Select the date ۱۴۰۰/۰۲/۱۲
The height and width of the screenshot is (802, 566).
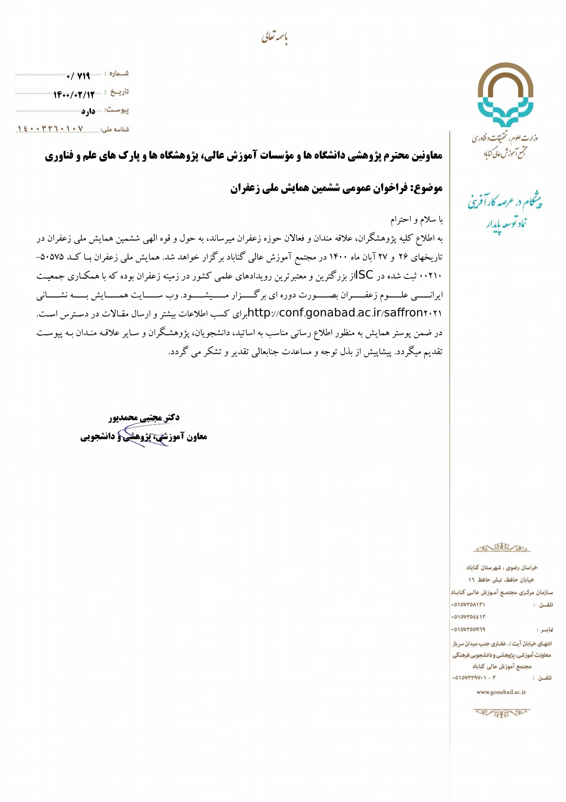point(74,95)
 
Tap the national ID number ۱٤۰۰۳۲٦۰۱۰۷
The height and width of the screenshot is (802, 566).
point(50,129)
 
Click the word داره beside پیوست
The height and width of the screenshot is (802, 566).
point(88,112)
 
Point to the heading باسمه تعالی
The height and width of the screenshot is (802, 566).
point(274,37)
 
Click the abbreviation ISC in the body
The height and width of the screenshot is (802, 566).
point(364,275)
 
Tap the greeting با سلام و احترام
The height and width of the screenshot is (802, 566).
point(416,220)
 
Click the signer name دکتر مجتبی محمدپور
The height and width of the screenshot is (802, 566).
point(144,417)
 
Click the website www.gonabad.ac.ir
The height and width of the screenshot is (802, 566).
point(501,692)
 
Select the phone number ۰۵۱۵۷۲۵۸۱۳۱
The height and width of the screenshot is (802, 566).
point(468,604)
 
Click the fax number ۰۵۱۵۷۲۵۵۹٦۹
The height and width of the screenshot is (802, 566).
point(468,629)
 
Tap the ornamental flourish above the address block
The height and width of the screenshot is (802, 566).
point(502,547)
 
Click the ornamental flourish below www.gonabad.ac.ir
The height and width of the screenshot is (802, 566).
point(502,712)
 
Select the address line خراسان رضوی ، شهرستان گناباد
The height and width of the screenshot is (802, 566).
point(502,567)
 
